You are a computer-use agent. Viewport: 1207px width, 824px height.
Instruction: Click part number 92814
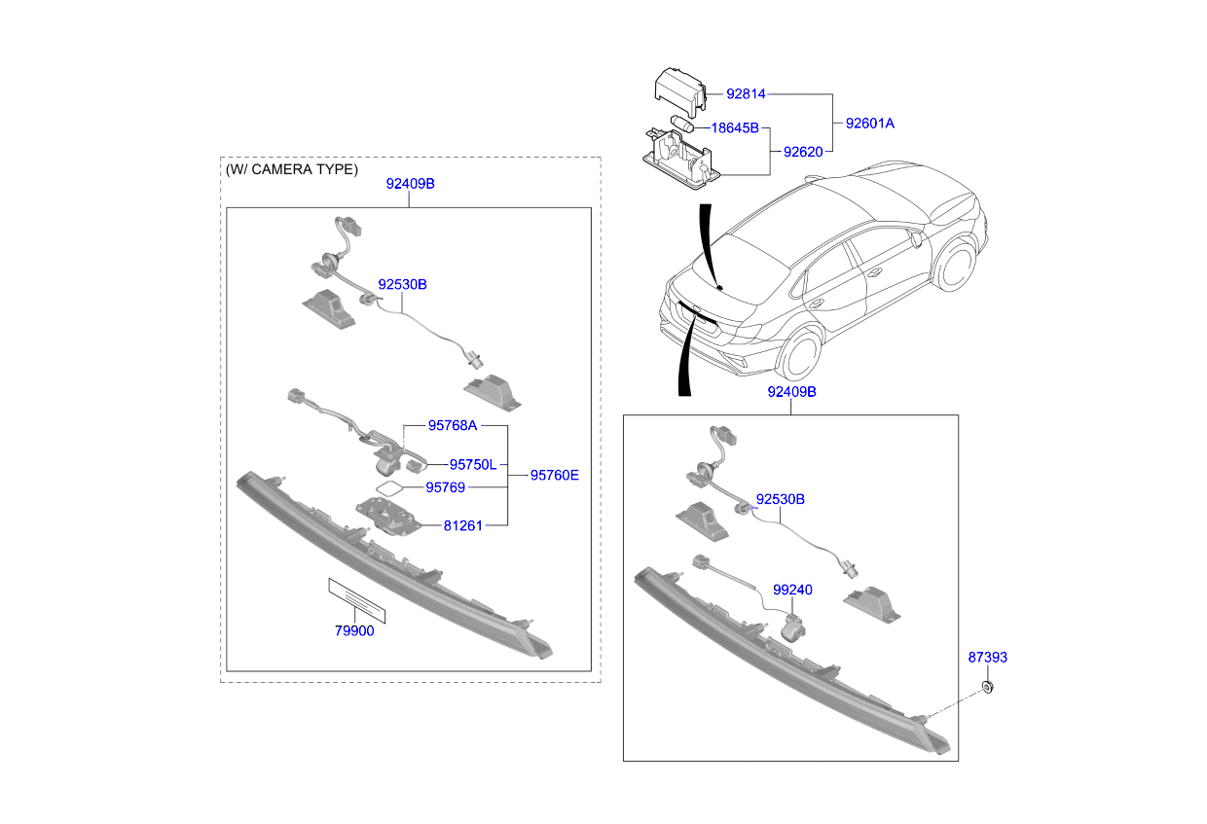746,94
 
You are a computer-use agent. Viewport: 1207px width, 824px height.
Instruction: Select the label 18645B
735,127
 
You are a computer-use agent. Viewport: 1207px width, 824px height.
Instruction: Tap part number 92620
803,152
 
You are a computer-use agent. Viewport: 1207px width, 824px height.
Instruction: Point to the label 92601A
869,124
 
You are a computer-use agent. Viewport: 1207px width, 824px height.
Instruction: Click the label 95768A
453,425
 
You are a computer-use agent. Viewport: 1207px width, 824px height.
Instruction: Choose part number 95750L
472,464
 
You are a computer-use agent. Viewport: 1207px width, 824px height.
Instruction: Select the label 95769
445,486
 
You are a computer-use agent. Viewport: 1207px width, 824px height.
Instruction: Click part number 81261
462,525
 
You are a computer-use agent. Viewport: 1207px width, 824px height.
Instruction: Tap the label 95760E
554,475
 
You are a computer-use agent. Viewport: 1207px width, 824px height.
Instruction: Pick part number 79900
354,630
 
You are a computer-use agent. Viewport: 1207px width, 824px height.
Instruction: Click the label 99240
792,590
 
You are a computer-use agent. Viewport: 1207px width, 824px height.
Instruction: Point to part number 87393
987,658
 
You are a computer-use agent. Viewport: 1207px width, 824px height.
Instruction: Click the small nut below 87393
987,689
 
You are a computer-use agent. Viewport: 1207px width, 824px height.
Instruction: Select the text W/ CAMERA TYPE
292,169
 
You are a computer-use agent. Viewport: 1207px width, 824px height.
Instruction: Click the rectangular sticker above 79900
356,600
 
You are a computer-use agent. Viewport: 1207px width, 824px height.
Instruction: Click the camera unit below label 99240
793,627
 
